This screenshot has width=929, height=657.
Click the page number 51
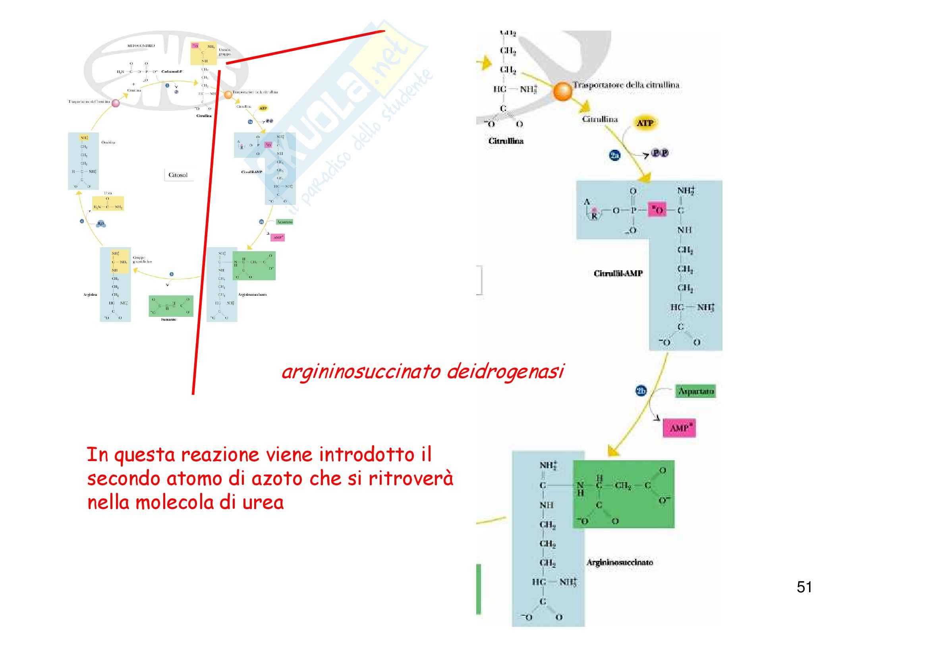(x=804, y=587)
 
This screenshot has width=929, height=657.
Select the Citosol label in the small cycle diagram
(x=178, y=175)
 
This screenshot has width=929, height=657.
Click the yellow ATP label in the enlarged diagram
(x=645, y=123)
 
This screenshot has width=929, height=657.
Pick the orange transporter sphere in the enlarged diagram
(x=562, y=91)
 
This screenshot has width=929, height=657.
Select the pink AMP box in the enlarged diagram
(x=679, y=428)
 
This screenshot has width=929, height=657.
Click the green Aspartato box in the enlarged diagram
(x=695, y=391)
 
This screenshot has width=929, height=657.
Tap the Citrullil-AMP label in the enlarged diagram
(x=618, y=273)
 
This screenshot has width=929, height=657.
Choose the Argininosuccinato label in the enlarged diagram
(x=620, y=562)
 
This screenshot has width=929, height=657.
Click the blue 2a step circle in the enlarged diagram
(x=614, y=155)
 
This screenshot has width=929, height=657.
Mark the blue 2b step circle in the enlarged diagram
(x=641, y=391)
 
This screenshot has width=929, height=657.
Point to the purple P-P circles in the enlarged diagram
(x=660, y=153)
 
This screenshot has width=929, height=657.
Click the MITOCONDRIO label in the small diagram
(x=141, y=46)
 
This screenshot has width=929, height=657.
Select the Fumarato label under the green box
(x=168, y=320)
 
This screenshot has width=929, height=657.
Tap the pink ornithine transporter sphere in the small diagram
(x=116, y=103)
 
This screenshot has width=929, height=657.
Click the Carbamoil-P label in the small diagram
(x=172, y=72)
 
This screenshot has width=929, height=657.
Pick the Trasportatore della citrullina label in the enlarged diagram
(x=626, y=85)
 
